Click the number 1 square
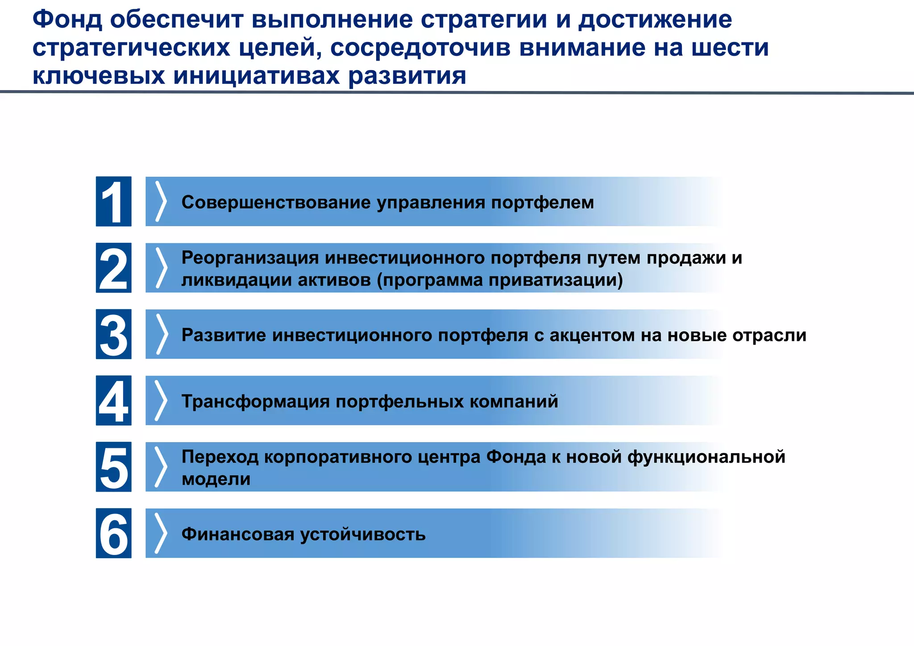(x=113, y=202)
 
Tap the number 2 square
(x=113, y=268)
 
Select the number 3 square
(x=113, y=334)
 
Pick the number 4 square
(x=113, y=401)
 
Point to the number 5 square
(x=113, y=467)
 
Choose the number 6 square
(x=113, y=533)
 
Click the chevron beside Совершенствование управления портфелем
(x=161, y=202)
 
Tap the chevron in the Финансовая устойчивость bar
(x=161, y=533)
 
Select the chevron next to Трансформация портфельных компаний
(x=161, y=401)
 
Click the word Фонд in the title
(x=67, y=20)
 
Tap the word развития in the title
(x=407, y=76)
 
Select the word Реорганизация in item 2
(x=250, y=258)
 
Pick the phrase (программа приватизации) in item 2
(x=500, y=280)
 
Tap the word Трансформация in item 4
(x=255, y=402)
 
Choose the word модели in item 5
(x=216, y=479)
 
